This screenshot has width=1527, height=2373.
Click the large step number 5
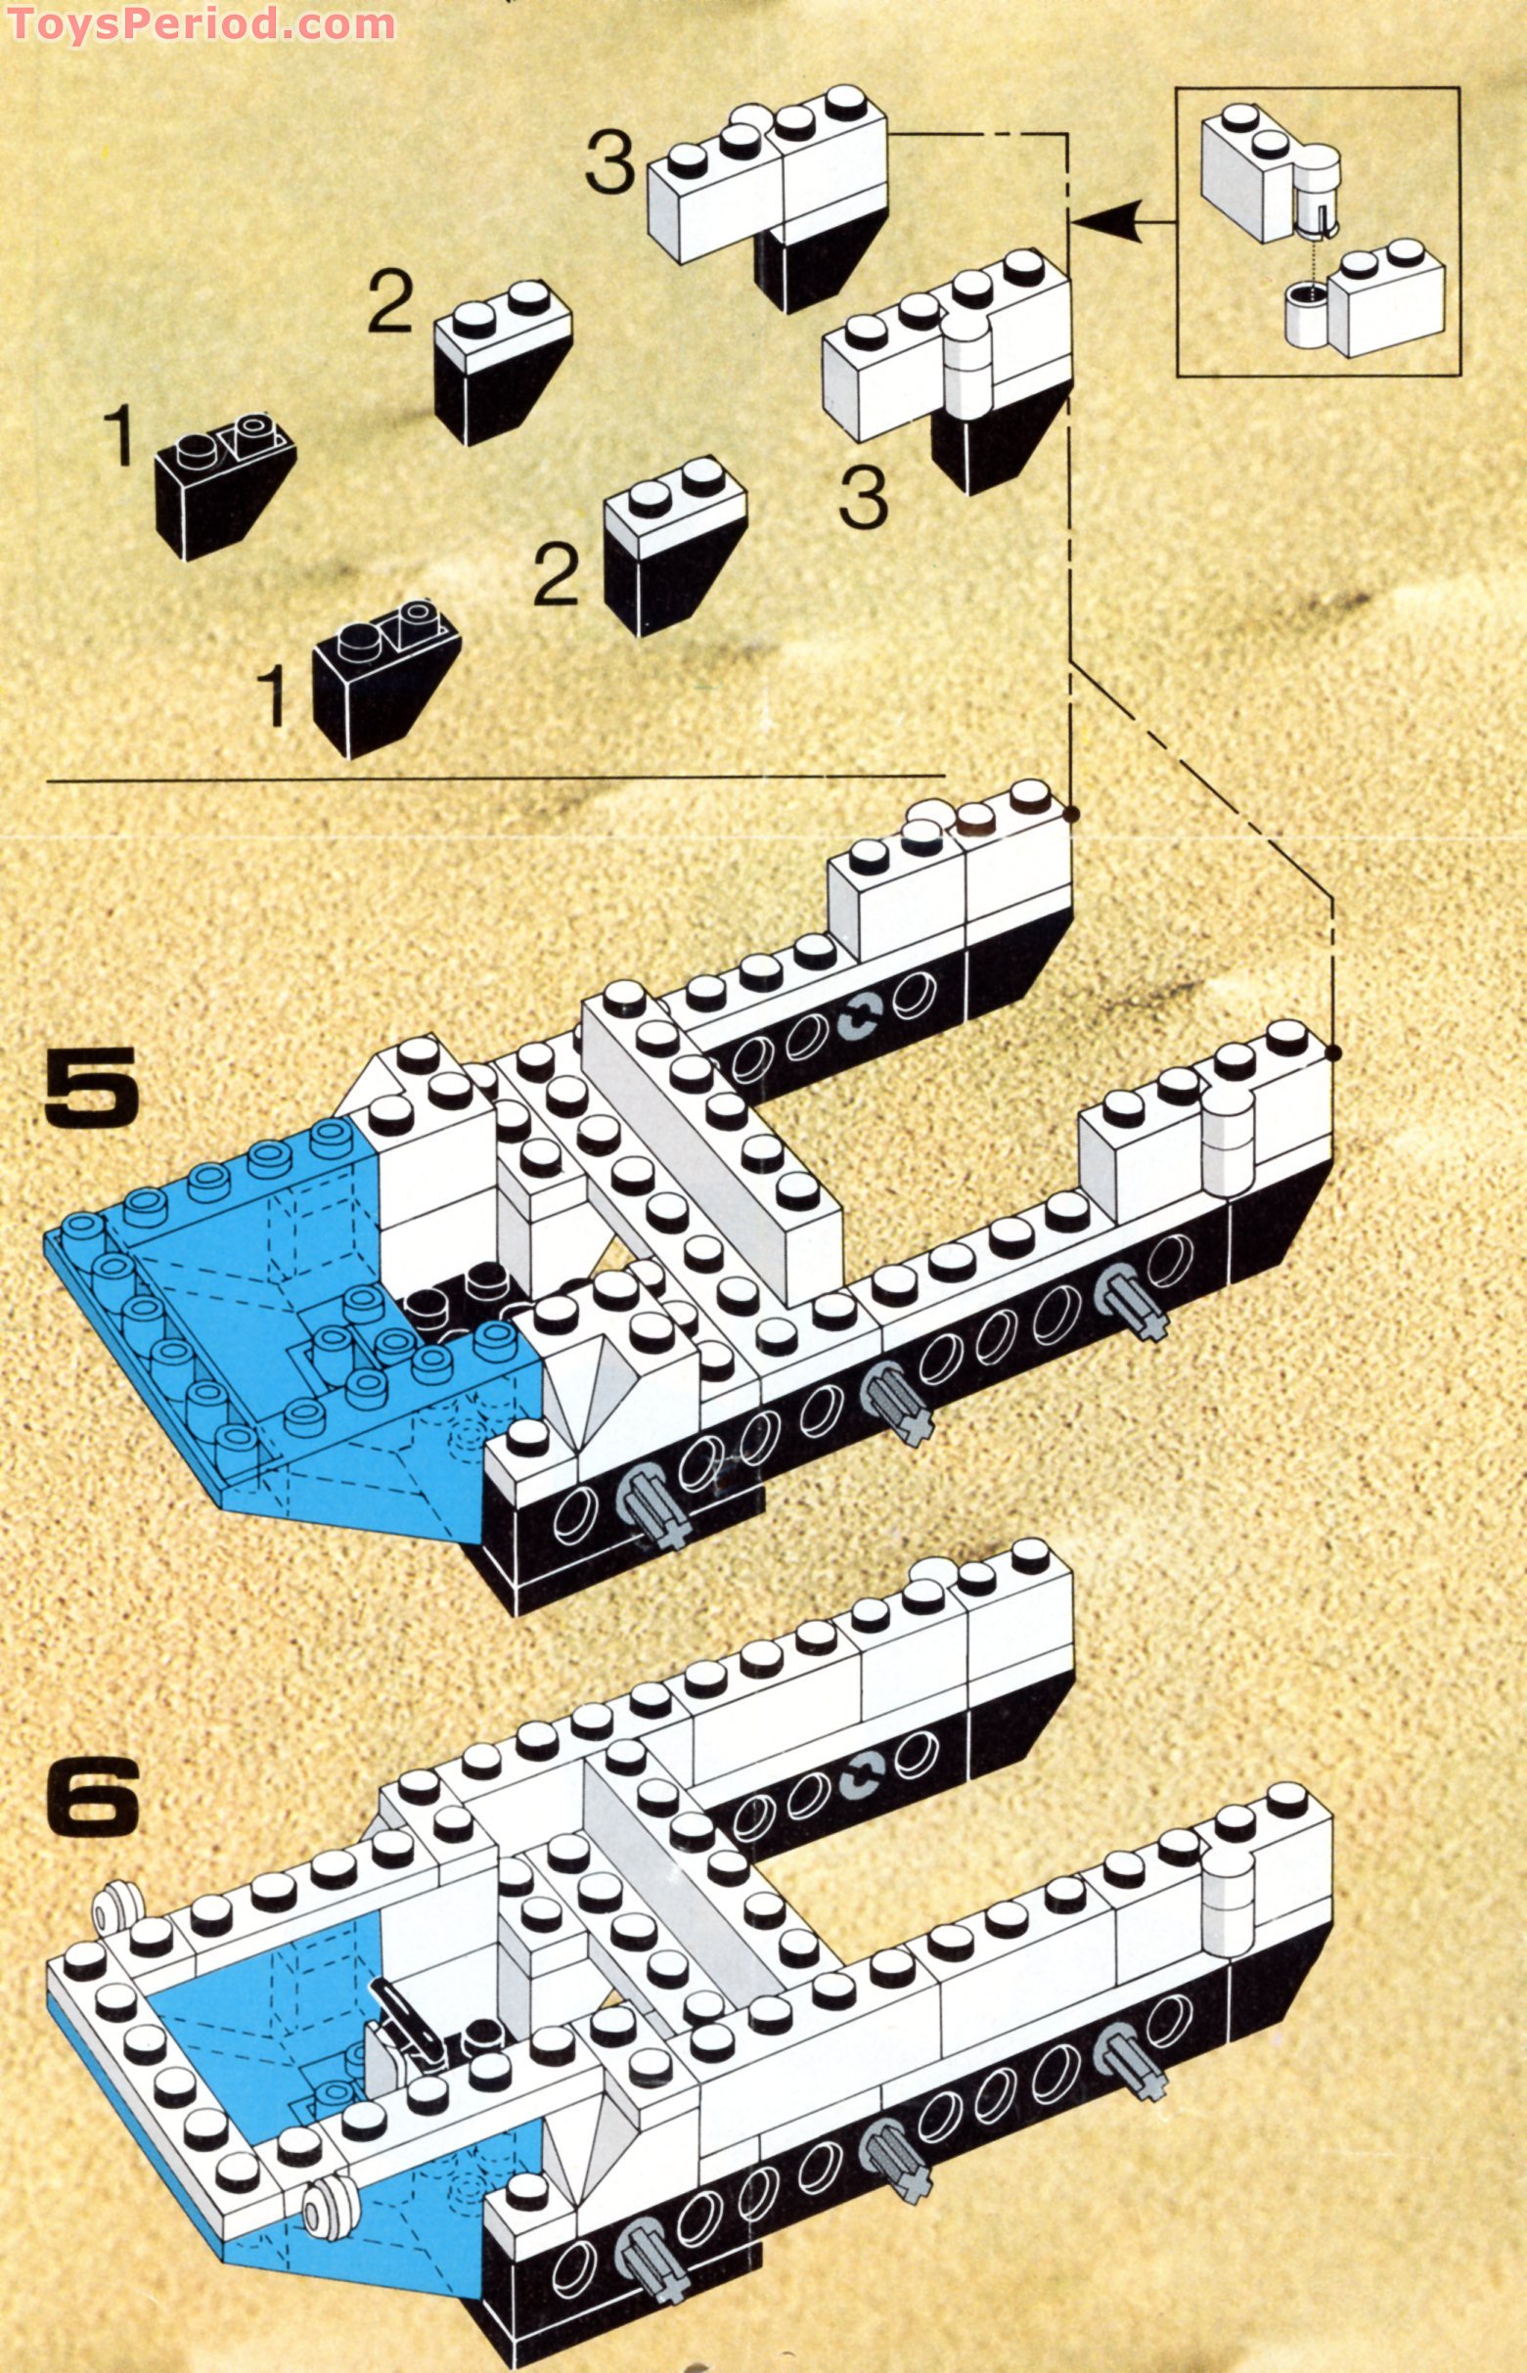[91, 1086]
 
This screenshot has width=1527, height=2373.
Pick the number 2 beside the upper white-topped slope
[390, 303]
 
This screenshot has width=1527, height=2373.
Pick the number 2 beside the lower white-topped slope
[556, 575]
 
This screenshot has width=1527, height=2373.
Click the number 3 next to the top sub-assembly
[608, 163]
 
